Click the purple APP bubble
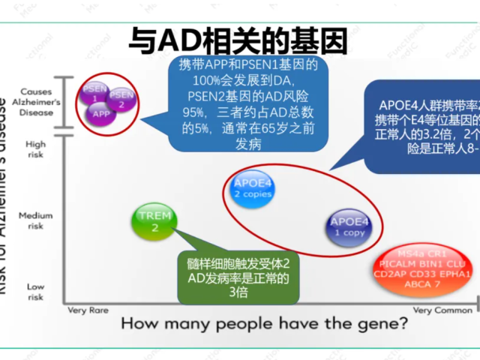(x=101, y=114)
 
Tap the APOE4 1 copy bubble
(x=349, y=226)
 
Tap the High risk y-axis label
(x=34, y=148)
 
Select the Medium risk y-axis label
(x=34, y=220)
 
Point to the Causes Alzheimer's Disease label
(x=34, y=101)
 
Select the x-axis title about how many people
(x=265, y=324)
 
